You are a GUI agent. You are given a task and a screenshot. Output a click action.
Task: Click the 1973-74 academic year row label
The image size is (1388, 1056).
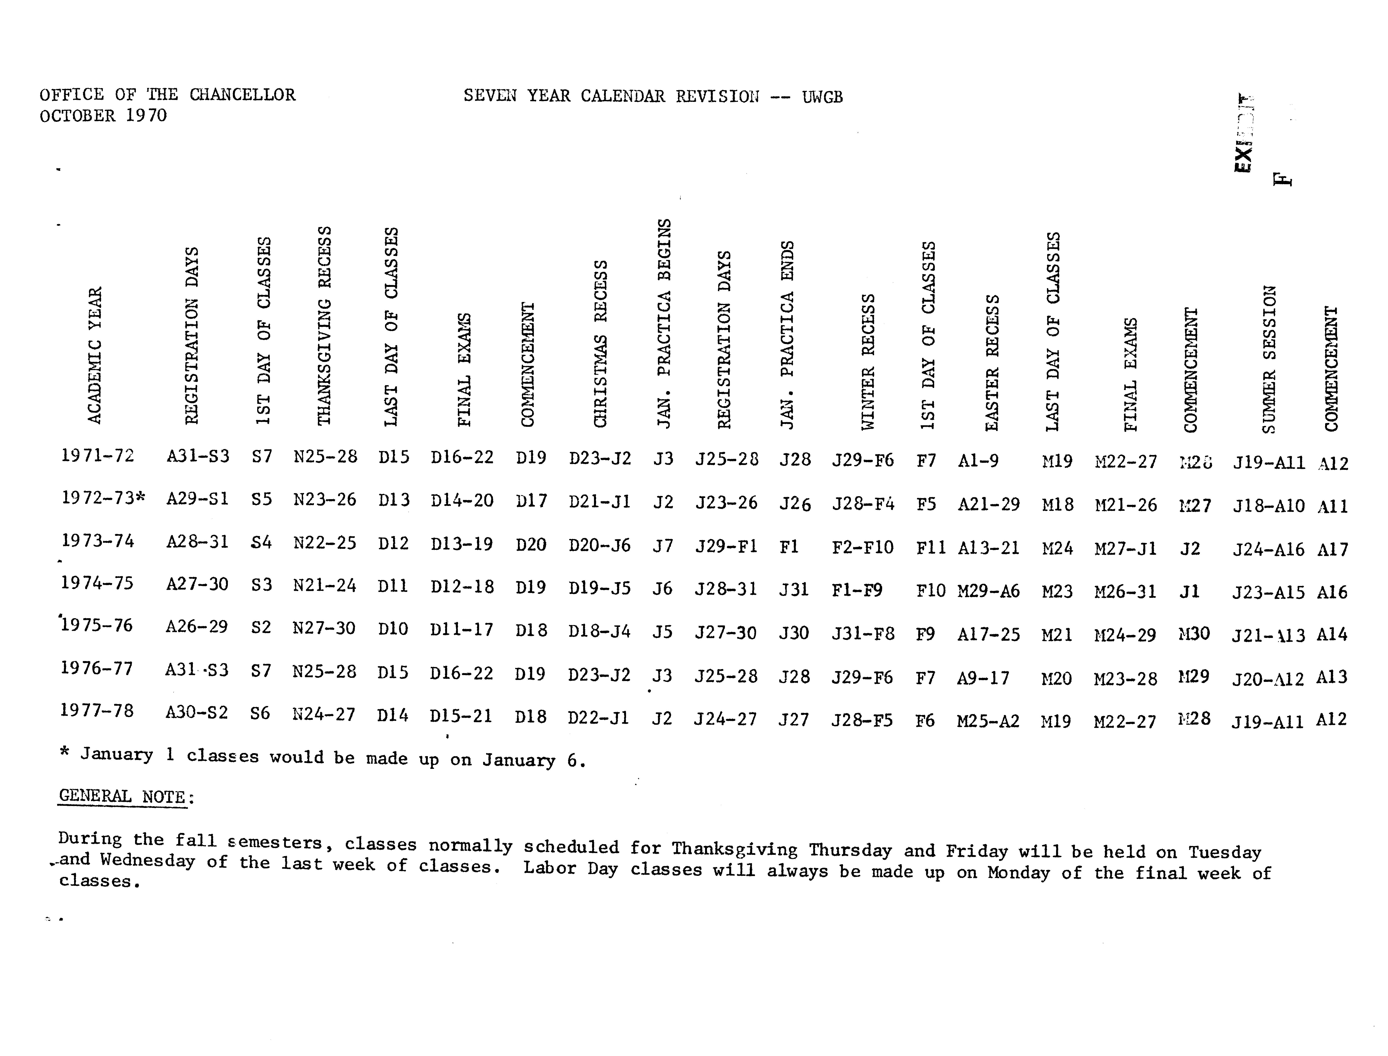[97, 541]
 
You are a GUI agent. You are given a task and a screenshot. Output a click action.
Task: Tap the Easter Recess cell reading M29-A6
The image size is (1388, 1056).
[988, 591]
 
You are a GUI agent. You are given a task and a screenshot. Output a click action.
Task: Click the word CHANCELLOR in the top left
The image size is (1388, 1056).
[242, 95]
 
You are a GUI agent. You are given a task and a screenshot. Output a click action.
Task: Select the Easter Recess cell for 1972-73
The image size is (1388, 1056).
[988, 504]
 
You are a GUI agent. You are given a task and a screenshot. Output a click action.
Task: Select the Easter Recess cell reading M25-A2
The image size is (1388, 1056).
[987, 720]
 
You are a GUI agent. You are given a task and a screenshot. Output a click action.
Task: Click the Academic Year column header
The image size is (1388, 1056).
[94, 355]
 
